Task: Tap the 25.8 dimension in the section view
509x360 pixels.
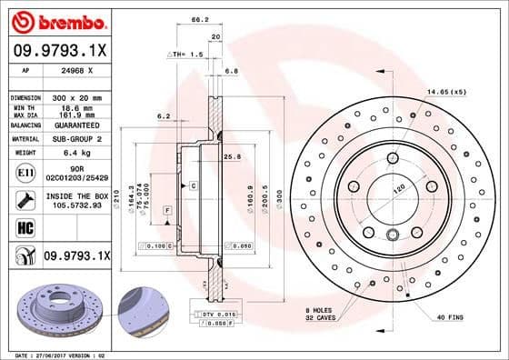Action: click(232, 156)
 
